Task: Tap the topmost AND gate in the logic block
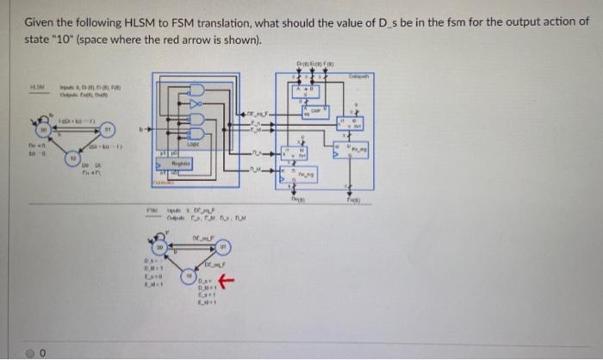pos(196,90)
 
